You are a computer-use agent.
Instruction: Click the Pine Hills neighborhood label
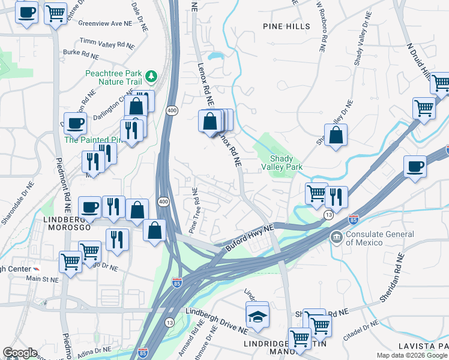286,26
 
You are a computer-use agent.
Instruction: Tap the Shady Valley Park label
282,162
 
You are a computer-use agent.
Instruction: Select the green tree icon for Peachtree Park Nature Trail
152,76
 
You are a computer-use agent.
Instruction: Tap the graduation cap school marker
258,316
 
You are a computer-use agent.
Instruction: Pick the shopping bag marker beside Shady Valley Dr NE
337,135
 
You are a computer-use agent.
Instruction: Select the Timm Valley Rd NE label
107,44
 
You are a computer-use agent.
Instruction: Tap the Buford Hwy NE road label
249,237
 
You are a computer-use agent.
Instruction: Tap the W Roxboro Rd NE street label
322,28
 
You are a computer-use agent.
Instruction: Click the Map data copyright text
412,355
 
